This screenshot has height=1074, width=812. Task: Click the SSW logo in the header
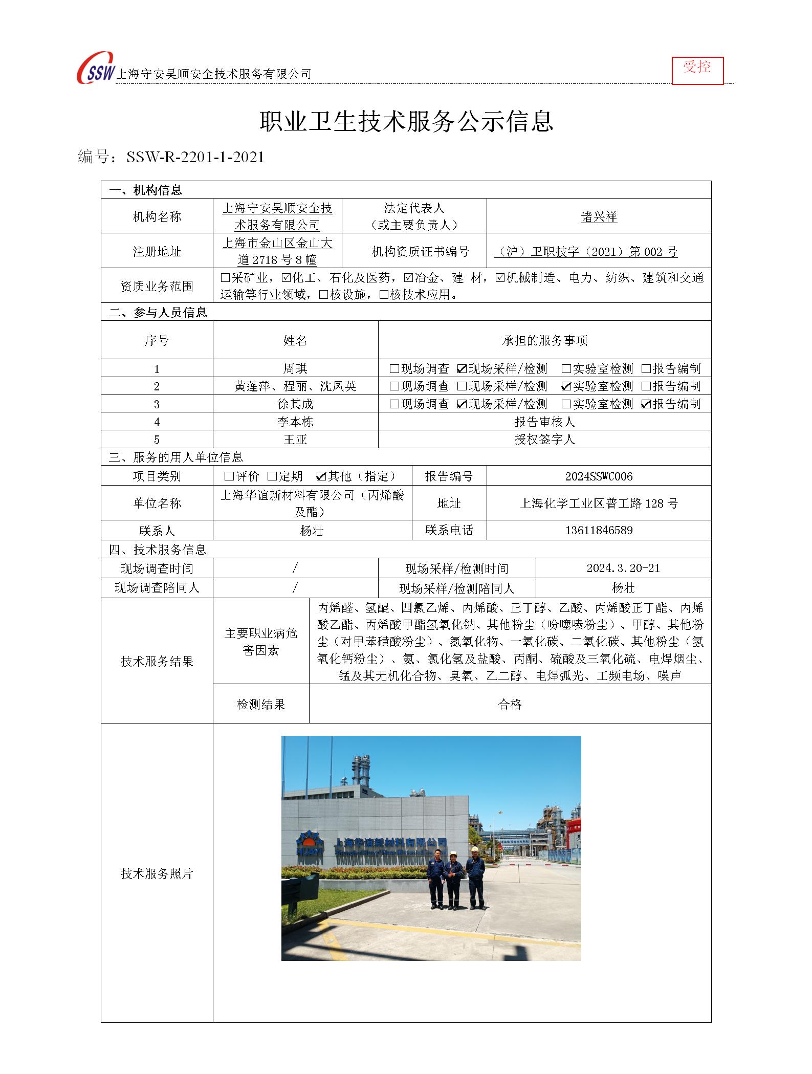pos(96,69)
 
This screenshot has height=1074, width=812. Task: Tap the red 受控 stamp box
pos(697,70)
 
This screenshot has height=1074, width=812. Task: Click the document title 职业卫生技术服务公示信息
pos(406,122)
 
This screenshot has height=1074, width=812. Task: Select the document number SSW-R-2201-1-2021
pos(195,157)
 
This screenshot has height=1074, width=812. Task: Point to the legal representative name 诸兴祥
pos(599,217)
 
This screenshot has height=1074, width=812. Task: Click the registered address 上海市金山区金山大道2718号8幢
pos(277,251)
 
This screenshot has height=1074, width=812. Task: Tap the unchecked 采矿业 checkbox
pos(225,278)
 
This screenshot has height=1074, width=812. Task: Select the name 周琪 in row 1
pos(295,369)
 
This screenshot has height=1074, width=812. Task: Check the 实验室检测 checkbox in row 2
pos(566,386)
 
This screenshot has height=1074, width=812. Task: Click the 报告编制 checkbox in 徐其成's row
pos(646,404)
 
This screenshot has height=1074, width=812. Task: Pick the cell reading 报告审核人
pos(544,422)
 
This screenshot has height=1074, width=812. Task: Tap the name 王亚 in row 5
pos(295,440)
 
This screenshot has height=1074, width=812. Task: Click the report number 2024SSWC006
pos(599,476)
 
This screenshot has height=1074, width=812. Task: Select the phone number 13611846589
pos(599,530)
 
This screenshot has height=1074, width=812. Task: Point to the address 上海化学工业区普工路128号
pos(599,503)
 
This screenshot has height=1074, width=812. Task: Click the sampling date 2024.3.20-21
pos(623,568)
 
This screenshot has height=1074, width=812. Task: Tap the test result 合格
pos(510,705)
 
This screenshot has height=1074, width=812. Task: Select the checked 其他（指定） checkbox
pos(321,477)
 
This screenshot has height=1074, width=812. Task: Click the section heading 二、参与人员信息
pos(158,313)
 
